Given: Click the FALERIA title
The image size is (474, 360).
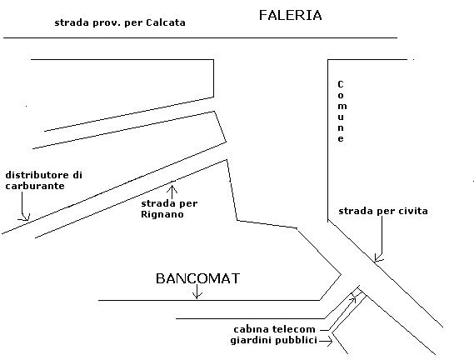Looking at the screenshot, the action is click(x=290, y=15).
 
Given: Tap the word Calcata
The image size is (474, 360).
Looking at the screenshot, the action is click(x=166, y=22).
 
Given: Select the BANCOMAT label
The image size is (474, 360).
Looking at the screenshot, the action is click(x=197, y=278).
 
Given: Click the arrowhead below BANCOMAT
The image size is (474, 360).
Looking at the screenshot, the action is click(x=197, y=295).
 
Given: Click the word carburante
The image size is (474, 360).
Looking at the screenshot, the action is click(x=35, y=186).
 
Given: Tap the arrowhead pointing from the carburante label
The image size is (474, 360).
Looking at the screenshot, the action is click(x=25, y=217).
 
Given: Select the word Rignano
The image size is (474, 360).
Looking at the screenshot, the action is click(x=162, y=214).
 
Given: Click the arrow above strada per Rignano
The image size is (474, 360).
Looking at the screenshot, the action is click(x=172, y=190).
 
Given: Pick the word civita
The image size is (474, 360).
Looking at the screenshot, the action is click(x=413, y=211).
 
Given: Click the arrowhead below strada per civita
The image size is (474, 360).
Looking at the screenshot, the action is click(x=378, y=257).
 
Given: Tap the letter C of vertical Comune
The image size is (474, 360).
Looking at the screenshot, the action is click(x=341, y=84).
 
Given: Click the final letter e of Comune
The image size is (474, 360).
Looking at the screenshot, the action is click(x=341, y=139).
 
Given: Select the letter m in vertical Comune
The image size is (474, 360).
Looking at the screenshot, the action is click(x=342, y=106).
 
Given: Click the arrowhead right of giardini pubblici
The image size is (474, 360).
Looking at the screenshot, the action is click(x=330, y=341).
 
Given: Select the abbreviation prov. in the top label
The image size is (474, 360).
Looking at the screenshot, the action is click(x=107, y=23).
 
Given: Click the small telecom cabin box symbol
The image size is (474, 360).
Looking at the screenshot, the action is click(x=357, y=292).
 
